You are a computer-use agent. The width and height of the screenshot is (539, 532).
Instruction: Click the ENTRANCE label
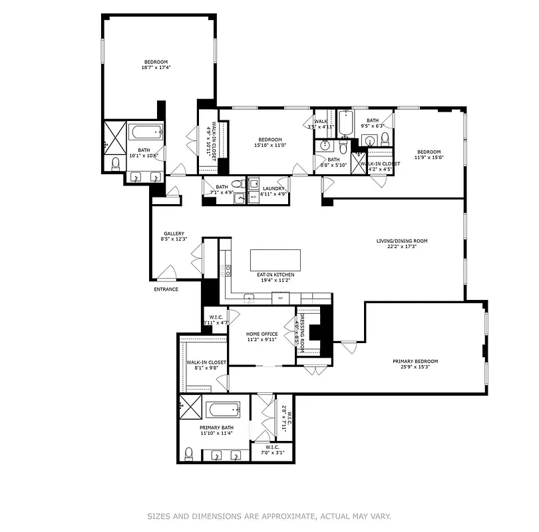(166, 289)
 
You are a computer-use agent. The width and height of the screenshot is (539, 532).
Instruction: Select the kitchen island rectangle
(275, 259)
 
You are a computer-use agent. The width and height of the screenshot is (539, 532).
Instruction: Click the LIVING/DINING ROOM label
(402, 241)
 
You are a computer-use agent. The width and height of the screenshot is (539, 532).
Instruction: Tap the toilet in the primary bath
(189, 454)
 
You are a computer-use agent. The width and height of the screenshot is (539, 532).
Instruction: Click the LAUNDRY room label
(273, 189)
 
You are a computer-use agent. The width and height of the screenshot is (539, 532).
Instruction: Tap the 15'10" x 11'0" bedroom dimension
(269, 145)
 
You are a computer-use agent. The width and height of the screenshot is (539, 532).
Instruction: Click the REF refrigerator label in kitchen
(281, 299)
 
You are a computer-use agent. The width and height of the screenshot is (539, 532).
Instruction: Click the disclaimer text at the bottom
(269, 515)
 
